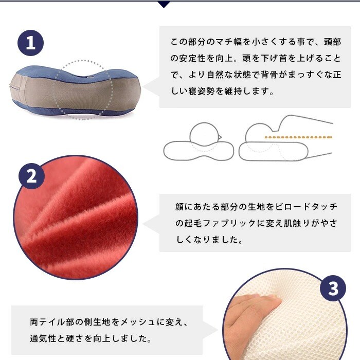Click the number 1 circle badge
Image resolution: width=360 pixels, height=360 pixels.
30,43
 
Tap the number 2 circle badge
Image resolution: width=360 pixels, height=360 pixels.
31,176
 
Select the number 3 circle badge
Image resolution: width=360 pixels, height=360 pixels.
333,288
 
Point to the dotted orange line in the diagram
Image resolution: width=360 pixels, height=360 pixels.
298,137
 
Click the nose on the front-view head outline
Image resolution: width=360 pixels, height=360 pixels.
220,137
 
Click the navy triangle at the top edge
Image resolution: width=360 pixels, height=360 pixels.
164,4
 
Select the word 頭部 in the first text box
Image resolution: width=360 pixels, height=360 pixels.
332,42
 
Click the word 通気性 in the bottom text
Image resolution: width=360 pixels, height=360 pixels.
43,338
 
